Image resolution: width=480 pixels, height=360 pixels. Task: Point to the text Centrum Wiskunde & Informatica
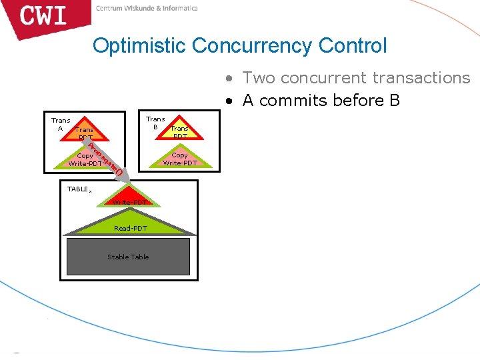[x=147, y=9]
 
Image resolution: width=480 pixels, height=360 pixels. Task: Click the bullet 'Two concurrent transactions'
[x=356, y=78]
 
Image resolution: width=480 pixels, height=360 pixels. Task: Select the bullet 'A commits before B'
[x=321, y=101]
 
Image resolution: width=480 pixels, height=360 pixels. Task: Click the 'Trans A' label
[x=60, y=125]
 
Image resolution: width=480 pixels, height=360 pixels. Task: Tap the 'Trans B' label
[x=155, y=123]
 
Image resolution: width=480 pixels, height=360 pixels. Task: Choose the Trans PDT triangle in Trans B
[x=179, y=131]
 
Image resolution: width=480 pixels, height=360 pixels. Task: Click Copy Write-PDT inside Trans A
[x=85, y=159]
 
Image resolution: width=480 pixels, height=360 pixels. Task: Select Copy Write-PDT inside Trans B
[x=180, y=159]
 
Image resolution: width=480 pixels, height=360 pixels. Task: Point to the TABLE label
[x=79, y=189]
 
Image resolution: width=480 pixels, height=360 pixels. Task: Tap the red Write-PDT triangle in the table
[x=130, y=201]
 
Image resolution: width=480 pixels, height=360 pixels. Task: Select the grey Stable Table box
[x=128, y=257]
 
